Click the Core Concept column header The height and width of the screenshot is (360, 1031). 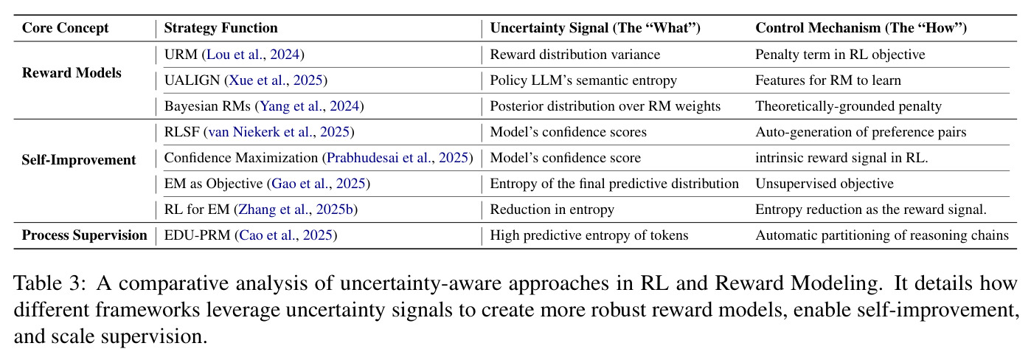65,28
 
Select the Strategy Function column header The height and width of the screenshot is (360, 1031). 221,28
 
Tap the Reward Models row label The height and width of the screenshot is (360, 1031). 72,73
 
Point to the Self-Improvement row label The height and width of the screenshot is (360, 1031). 79,160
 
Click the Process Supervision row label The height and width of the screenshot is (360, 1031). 84,235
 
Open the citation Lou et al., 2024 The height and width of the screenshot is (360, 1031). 253,55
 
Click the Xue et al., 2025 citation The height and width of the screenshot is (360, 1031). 276,80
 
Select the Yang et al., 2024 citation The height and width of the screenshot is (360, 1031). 310,106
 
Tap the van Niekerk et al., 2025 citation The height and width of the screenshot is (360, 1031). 280,132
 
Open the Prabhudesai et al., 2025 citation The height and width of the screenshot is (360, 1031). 398,158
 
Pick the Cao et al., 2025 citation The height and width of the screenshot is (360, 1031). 286,235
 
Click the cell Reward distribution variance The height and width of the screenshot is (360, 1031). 575,55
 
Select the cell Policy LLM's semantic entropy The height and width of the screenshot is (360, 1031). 583,80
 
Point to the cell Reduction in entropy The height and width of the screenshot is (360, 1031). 552,210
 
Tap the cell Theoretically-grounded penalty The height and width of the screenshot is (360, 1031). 848,106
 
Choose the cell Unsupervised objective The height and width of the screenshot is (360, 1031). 825,184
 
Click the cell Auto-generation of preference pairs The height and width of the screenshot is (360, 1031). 861,132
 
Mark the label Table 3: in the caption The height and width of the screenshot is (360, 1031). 50,283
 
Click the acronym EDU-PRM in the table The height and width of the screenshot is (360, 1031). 197,235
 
